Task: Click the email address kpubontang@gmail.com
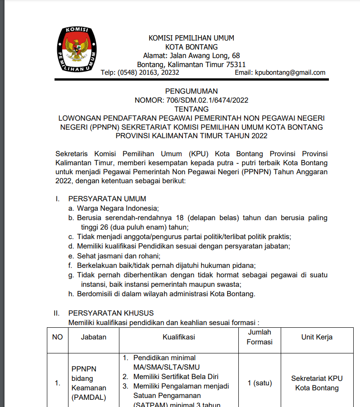coord(290,72)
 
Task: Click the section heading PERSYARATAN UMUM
coord(107,199)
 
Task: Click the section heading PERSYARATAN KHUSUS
coord(111,313)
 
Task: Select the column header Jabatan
coord(94,337)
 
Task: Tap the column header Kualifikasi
coord(179,337)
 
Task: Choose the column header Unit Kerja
coord(317,337)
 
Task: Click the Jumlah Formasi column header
coord(260,337)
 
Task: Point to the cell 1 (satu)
coord(260,383)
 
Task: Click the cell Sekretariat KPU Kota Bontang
coord(317,383)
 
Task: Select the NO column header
coord(58,337)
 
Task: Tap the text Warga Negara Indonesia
coord(118,208)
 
